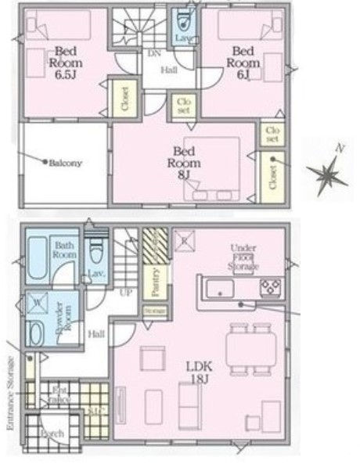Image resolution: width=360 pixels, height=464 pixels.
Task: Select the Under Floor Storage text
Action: point(244,257)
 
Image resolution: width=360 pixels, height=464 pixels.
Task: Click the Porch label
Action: point(52,433)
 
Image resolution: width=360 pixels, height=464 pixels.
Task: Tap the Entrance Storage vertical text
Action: point(11,387)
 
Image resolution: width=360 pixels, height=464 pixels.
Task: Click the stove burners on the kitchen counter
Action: point(271,286)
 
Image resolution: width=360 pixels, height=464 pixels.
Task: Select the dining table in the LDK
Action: point(248,345)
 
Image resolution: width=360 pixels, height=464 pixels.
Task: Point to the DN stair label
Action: point(154,53)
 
